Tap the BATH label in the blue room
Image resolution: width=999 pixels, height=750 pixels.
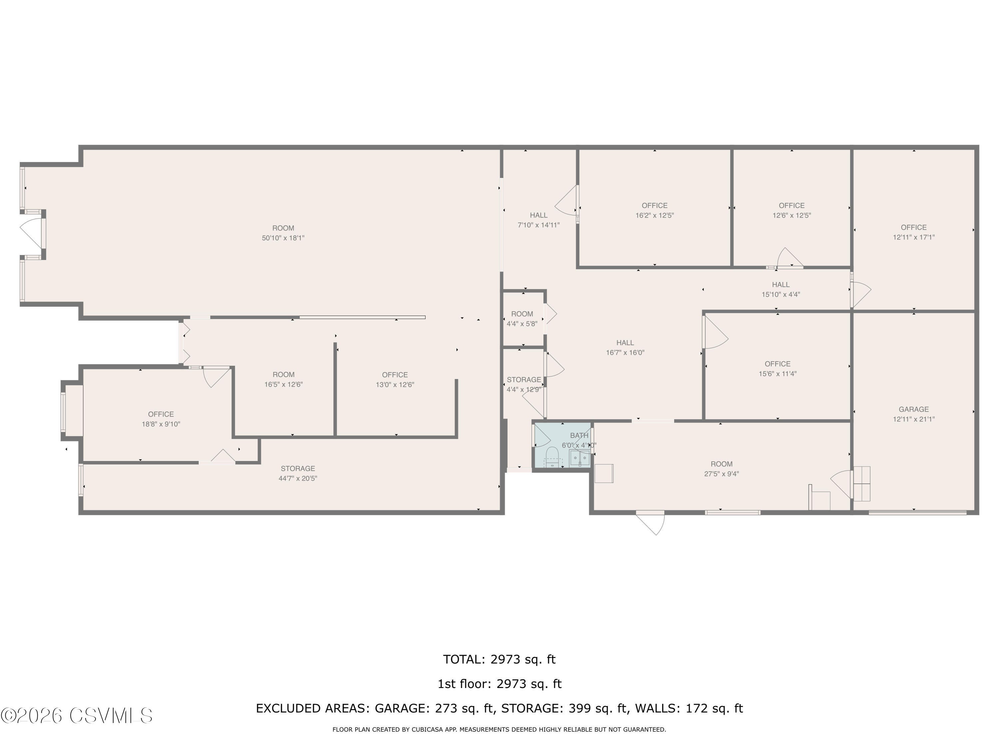pos(579,435)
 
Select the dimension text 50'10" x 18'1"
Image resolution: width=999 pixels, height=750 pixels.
pos(283,238)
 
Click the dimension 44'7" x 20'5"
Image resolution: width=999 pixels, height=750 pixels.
pos(298,478)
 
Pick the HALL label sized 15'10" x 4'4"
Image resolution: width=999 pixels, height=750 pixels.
pos(781,284)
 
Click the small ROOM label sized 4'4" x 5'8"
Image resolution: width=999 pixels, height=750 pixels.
pos(522,314)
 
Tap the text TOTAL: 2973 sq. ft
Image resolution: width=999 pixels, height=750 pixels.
pos(499,660)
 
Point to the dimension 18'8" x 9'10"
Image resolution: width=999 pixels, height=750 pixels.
pos(161,424)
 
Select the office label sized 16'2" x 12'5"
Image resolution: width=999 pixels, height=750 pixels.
pos(654,205)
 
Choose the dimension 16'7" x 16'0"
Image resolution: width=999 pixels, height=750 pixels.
pos(625,353)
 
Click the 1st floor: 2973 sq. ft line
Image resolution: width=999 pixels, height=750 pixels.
pos(499,684)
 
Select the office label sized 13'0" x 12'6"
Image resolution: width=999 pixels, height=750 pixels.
pos(395,375)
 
